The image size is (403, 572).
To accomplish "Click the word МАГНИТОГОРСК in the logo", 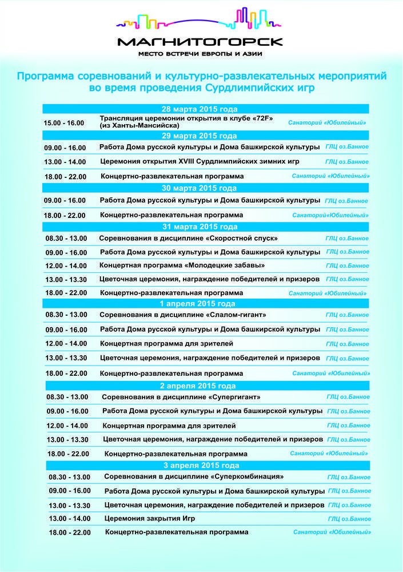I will point(200,42).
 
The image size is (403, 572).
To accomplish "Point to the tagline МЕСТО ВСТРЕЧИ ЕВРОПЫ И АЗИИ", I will point(200,54).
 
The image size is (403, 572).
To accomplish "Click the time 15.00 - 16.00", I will point(64,123).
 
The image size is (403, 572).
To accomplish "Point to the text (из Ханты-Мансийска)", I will point(140,125).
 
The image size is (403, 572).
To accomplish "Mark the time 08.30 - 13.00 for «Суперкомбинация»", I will point(69,477).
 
